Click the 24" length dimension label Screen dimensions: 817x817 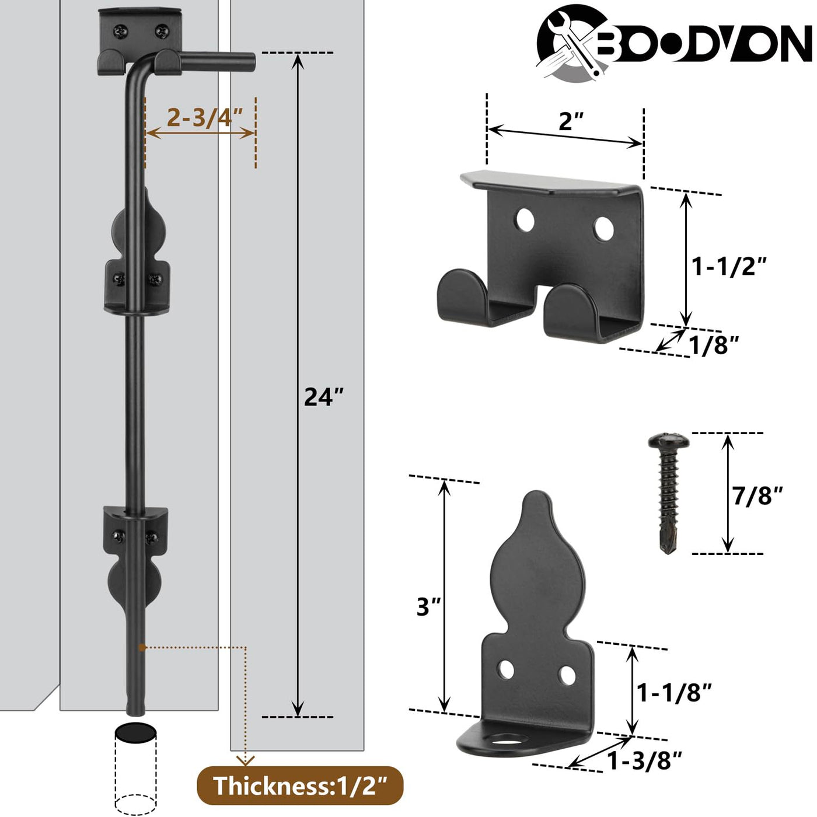click(x=323, y=397)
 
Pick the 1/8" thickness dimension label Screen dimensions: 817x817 click(x=714, y=345)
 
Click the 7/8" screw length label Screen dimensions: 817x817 click(x=757, y=495)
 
